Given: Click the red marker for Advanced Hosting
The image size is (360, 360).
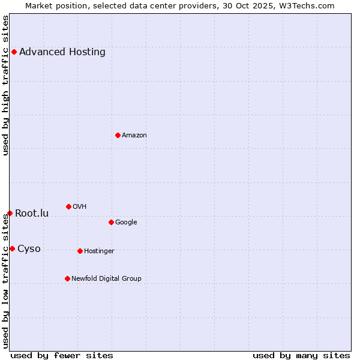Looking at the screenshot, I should [x=14, y=52].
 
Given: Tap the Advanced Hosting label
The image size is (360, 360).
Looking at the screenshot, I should [x=62, y=52].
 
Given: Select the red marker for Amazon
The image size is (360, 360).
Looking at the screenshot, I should [x=118, y=135].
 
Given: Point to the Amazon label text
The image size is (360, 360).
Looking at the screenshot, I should [x=134, y=135].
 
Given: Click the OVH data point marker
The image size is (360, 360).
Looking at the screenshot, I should [x=68, y=206].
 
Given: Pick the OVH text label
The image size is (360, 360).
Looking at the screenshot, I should [x=80, y=206].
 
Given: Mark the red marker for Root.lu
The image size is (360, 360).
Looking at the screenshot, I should [x=10, y=213].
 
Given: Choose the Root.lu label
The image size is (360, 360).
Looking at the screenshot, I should [x=32, y=213].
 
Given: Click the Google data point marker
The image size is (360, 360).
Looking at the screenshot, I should [x=111, y=222].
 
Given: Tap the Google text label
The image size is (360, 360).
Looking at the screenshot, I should [x=126, y=222].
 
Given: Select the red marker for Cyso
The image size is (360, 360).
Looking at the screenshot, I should [x=12, y=248].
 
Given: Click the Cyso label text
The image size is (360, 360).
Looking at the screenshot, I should [x=29, y=248].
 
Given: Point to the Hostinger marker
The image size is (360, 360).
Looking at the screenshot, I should [x=80, y=251].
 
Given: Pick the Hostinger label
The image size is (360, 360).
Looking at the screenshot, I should [x=99, y=251].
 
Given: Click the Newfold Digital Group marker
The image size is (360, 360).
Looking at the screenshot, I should [x=67, y=278].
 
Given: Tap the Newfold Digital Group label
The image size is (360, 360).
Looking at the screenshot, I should [x=106, y=278].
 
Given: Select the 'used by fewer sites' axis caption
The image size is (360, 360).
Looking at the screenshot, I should [x=62, y=355].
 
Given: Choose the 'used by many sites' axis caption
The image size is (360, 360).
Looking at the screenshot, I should [x=301, y=355].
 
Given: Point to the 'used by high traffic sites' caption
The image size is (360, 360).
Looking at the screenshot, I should [x=5, y=85].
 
